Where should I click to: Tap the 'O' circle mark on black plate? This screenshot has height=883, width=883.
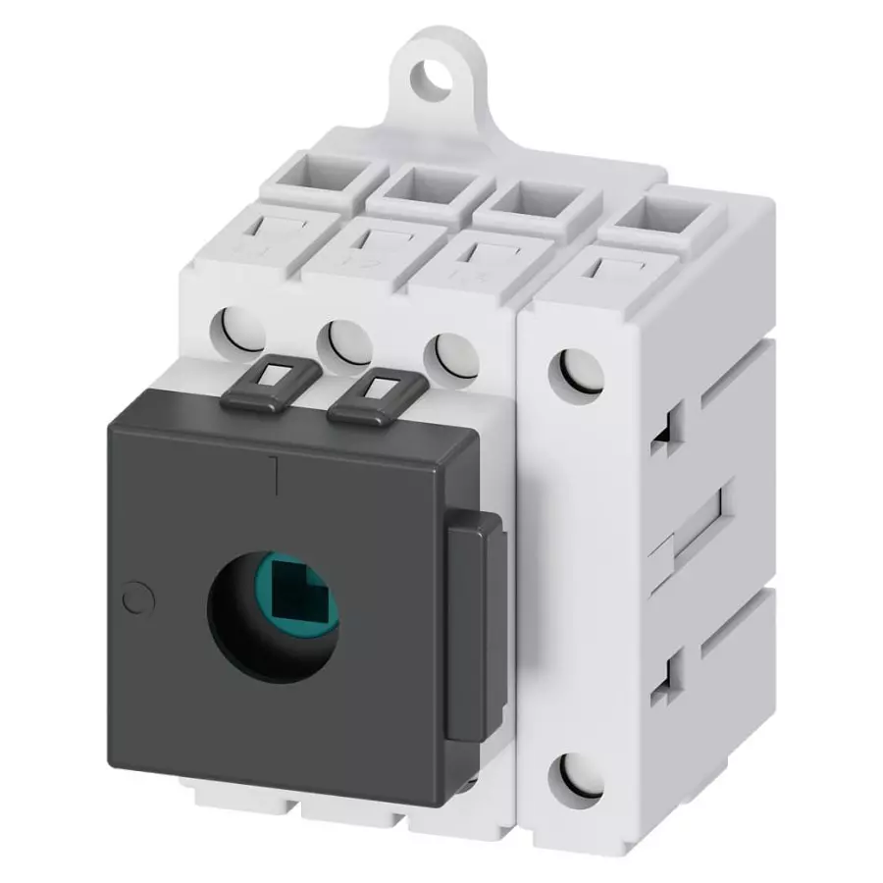tap(136, 596)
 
